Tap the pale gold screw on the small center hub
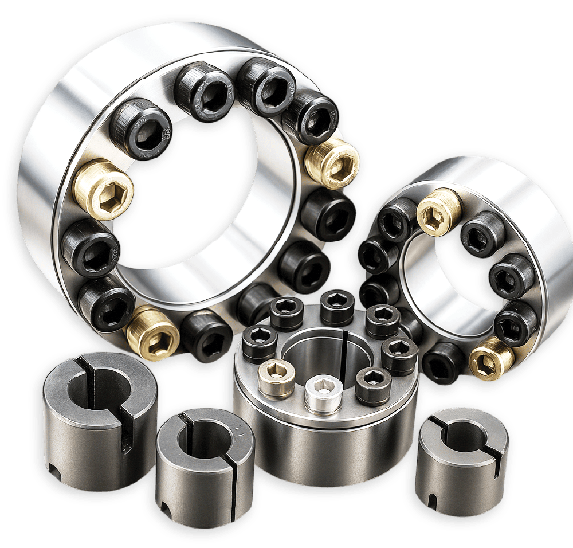tap(277, 378)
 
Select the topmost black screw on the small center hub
tap(337, 307)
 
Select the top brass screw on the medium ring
tap(439, 212)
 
